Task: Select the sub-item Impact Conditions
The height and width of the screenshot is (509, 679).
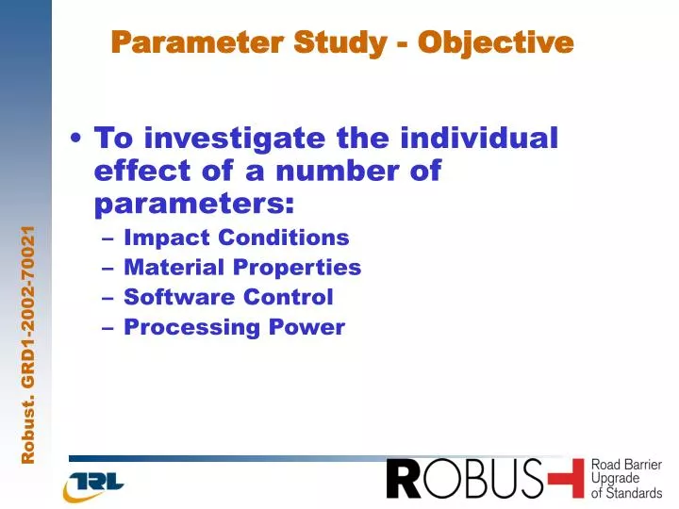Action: (x=236, y=238)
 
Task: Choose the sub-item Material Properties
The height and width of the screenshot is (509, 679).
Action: (x=242, y=268)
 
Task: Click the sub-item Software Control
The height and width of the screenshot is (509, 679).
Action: (x=228, y=297)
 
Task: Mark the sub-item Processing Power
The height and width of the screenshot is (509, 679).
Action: (x=234, y=327)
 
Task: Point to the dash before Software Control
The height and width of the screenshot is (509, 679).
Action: (x=109, y=298)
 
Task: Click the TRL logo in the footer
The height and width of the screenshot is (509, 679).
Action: (x=94, y=484)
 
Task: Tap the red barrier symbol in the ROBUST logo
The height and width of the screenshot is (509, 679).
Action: (x=566, y=479)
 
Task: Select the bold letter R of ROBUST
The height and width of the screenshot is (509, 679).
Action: (x=404, y=480)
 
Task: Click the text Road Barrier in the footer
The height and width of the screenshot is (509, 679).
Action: (x=626, y=466)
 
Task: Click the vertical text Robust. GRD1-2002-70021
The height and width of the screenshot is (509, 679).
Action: (x=29, y=345)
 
